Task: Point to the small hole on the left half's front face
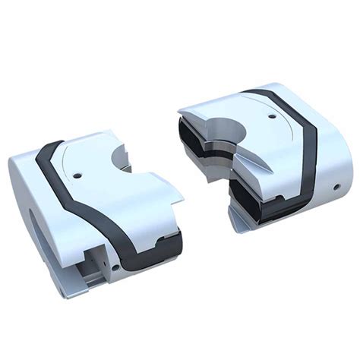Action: pos(115,266)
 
